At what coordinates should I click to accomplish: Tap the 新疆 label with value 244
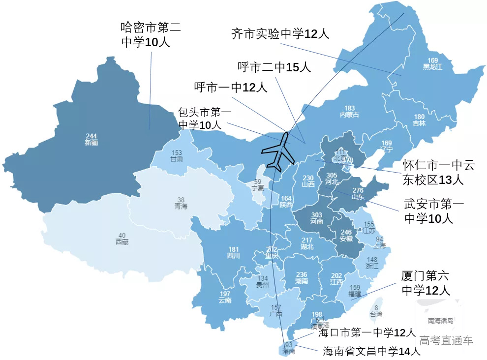pos(91,139)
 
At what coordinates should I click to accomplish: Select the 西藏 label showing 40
pos(122,238)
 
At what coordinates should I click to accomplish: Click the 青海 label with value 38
pos(181,203)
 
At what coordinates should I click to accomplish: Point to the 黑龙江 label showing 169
pos(432,63)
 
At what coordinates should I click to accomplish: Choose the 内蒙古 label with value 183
pos(349,111)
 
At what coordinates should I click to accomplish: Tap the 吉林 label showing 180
pos(419,120)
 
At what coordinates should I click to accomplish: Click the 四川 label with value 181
pos(233,252)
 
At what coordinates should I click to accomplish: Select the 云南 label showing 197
pos(225,297)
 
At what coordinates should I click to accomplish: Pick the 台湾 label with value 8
pos(376,311)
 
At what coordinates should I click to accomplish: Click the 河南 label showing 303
pos(316,218)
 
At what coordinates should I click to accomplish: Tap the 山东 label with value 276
pos(358,193)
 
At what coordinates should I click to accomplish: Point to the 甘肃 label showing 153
pos(177,156)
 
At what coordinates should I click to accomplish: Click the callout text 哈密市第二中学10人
pos(151,34)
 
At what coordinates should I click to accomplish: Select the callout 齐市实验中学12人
pos(280,33)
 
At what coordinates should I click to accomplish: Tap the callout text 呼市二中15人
pos(274,67)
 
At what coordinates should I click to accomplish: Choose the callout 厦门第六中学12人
pos(426,283)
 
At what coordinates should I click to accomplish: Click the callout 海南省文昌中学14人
pos(371,351)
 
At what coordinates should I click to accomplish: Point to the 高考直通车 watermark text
pos(446,340)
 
